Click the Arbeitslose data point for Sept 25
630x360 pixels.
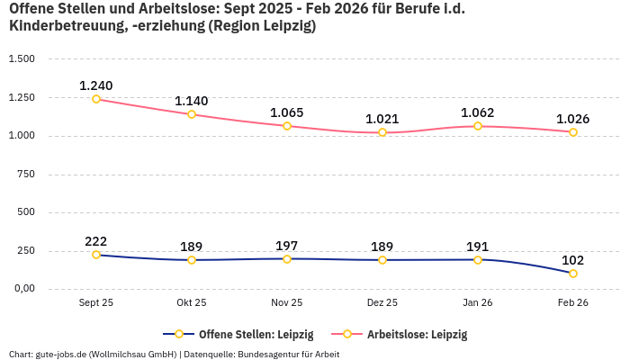[96, 99]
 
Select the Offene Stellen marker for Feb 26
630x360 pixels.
[573, 274]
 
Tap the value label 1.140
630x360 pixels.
[192, 101]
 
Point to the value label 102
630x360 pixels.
[573, 259]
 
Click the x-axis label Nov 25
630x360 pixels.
[287, 303]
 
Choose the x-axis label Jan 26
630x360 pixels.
[478, 303]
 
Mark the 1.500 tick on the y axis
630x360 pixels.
[22, 59]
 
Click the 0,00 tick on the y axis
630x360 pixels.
[22, 289]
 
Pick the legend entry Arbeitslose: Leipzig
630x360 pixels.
[417, 335]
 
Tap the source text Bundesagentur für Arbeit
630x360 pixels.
[287, 355]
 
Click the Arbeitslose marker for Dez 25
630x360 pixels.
[382, 132]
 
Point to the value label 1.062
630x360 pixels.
[478, 112]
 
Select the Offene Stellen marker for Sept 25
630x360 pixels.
[96, 255]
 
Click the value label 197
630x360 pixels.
[287, 246]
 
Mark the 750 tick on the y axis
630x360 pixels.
[25, 174]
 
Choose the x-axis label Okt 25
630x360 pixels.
[192, 303]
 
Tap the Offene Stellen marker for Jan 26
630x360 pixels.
[478, 260]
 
